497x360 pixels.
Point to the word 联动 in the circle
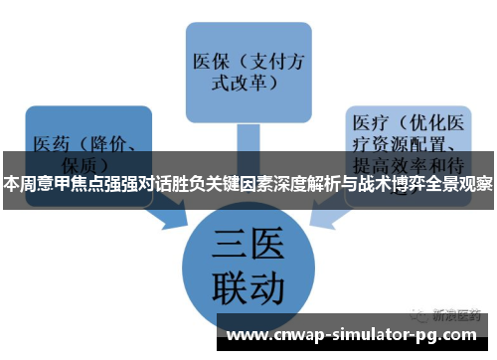[x=249, y=288]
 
